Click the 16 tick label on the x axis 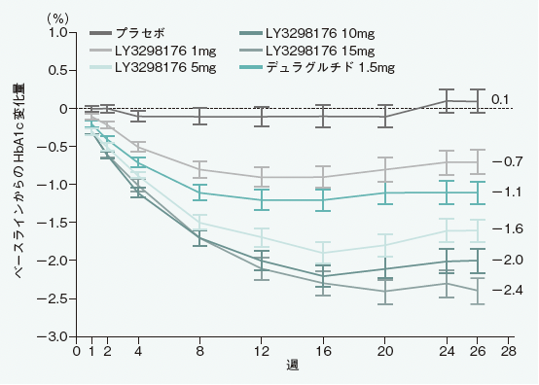click(323, 351)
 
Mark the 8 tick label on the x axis click(199, 351)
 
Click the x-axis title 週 click(292, 367)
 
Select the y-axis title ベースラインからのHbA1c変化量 click(19, 185)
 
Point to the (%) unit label click(60, 17)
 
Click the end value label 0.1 click(500, 100)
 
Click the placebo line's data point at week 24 click(447, 100)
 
